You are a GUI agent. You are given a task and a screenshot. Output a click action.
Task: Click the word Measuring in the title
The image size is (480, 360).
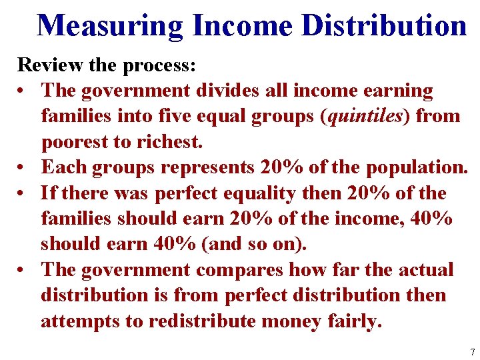(110, 27)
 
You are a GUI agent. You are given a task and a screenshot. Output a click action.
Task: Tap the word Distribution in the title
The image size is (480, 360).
(384, 27)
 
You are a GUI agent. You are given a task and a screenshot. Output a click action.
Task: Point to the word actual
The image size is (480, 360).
(426, 270)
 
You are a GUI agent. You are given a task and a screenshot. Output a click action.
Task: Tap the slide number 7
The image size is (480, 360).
(472, 351)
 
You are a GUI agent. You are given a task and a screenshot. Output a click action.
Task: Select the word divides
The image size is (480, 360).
(228, 91)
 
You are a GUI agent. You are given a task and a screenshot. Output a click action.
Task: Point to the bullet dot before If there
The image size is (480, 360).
(23, 193)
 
